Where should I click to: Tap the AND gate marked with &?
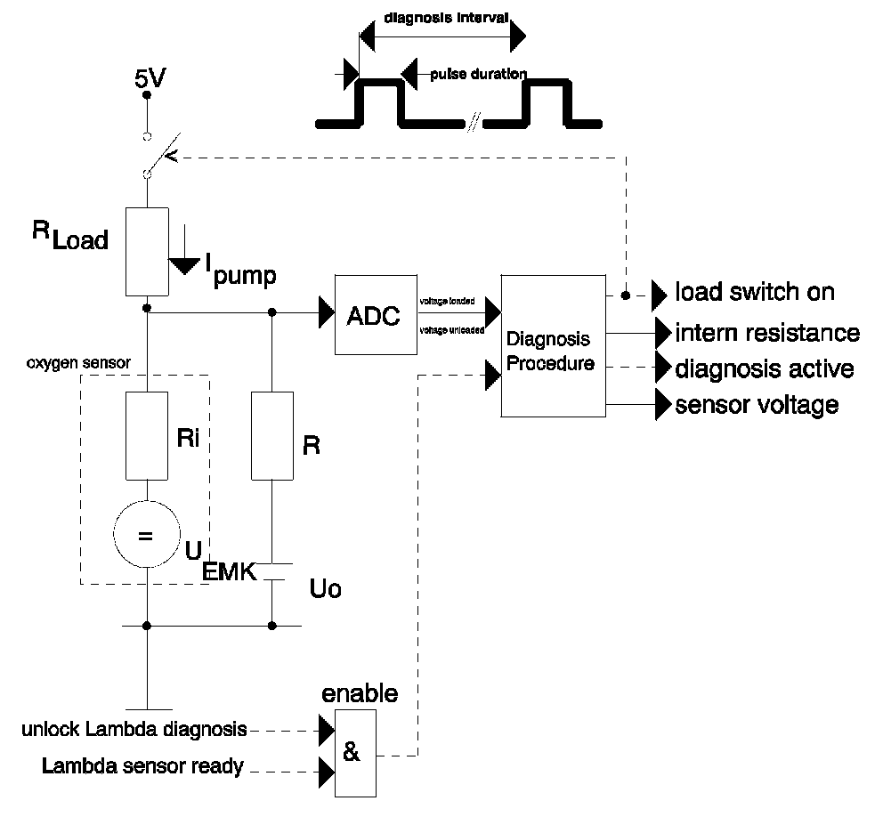click(x=354, y=753)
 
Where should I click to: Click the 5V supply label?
click(x=149, y=79)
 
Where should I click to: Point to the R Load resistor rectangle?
click(x=147, y=251)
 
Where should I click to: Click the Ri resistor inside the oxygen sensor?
click(x=147, y=437)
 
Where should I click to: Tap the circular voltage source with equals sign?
click(x=147, y=537)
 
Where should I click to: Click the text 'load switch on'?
click(x=755, y=292)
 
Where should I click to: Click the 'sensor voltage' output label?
click(x=757, y=405)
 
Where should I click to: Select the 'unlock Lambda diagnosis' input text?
click(x=134, y=730)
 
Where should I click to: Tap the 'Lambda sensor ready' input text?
click(x=143, y=765)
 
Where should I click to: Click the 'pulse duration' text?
click(x=478, y=74)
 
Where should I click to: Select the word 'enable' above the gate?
click(x=360, y=692)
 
